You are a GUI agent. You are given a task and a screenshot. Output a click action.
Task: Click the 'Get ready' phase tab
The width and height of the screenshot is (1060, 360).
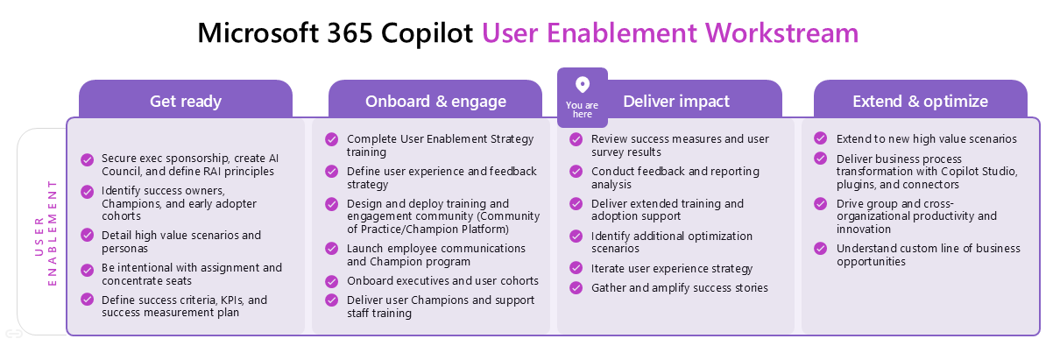pyautogui.click(x=185, y=101)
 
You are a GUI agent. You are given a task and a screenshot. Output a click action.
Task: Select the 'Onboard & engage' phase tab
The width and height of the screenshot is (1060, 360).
pyautogui.click(x=435, y=101)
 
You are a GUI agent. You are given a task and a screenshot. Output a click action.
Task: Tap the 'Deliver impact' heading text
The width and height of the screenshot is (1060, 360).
pyautogui.click(x=675, y=101)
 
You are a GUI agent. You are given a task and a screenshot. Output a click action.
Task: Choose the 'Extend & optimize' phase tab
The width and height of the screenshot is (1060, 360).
pyautogui.click(x=920, y=101)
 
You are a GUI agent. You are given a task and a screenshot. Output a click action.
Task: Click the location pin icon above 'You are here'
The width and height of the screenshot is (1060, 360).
pyautogui.click(x=582, y=85)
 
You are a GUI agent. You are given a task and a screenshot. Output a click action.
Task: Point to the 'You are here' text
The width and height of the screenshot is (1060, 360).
pyautogui.click(x=582, y=109)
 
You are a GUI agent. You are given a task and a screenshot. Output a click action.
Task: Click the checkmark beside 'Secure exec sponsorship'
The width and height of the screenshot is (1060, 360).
pyautogui.click(x=88, y=159)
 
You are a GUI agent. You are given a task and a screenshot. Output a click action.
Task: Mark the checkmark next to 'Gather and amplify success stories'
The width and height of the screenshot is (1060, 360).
pyautogui.click(x=576, y=287)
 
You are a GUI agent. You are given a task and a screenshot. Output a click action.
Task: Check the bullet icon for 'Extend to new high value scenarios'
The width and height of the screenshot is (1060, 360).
pyautogui.click(x=821, y=138)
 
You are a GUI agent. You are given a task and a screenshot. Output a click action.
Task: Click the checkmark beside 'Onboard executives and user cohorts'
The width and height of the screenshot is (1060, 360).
pyautogui.click(x=332, y=281)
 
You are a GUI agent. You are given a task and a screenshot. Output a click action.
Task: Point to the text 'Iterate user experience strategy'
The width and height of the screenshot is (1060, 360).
pyautogui.click(x=672, y=269)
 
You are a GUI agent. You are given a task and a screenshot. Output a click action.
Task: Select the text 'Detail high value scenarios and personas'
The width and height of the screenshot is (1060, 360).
pyautogui.click(x=181, y=241)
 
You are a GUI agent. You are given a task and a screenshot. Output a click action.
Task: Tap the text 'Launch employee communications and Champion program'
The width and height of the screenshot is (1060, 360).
pyautogui.click(x=435, y=255)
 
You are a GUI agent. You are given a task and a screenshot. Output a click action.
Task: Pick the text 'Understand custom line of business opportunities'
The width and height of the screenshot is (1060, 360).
pyautogui.click(x=928, y=255)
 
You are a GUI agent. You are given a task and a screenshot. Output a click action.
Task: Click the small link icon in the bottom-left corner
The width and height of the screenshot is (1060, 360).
pyautogui.click(x=13, y=334)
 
